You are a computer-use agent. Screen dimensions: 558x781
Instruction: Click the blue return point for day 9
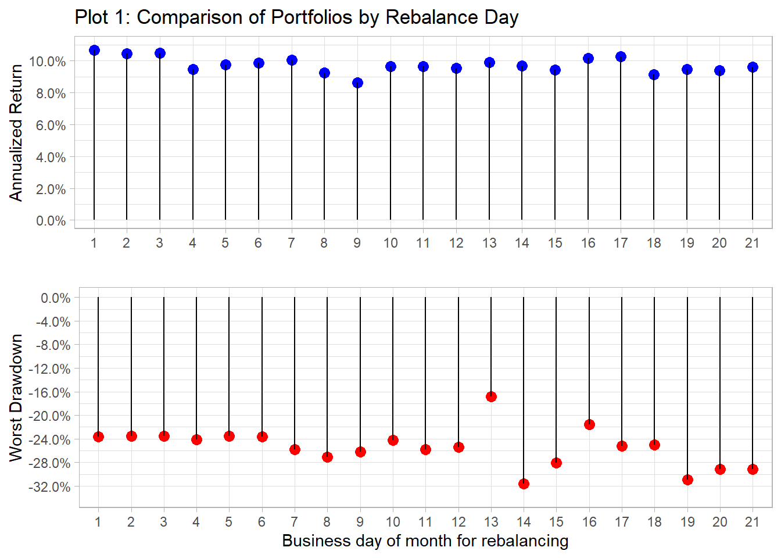357,83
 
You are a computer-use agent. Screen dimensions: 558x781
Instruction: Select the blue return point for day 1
94,51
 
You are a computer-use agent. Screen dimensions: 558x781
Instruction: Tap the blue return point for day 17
621,57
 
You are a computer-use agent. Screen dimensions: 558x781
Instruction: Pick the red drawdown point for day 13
491,396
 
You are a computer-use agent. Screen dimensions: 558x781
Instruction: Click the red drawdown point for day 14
524,484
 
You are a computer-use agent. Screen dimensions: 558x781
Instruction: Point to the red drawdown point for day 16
589,424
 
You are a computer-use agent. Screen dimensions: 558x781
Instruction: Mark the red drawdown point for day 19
687,480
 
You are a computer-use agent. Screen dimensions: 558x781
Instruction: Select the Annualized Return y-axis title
16,133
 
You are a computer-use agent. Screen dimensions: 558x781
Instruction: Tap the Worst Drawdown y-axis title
16,398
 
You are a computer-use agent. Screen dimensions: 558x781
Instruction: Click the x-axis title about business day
425,541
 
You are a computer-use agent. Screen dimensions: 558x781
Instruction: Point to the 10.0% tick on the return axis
51,62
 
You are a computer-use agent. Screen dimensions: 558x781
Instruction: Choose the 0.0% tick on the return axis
51,221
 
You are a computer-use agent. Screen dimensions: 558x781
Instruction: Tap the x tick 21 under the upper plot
752,243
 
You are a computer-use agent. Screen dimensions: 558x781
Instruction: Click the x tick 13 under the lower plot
491,522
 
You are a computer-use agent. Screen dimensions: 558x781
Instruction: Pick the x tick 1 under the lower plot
98,522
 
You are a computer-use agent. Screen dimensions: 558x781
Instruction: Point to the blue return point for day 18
654,74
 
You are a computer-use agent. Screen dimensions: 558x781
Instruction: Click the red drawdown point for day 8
327,457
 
